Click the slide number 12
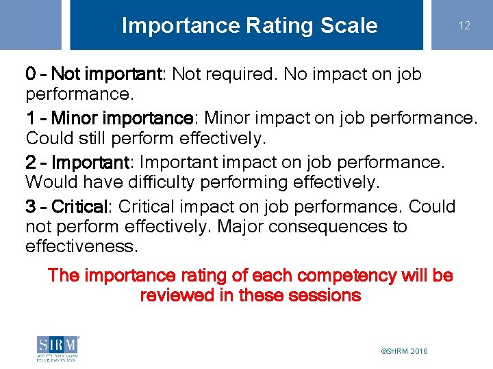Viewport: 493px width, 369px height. coord(464,25)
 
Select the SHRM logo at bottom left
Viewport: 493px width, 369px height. coord(58,348)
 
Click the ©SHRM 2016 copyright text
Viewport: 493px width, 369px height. coord(404,351)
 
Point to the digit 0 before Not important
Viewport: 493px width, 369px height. coord(31,74)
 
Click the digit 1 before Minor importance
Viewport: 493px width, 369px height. coord(29,118)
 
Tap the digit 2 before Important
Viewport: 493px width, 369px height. coord(31,163)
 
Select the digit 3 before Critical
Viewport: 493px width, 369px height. coord(31,207)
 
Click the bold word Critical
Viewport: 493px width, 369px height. coord(79,207)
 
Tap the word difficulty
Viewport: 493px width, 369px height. coord(151,182)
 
